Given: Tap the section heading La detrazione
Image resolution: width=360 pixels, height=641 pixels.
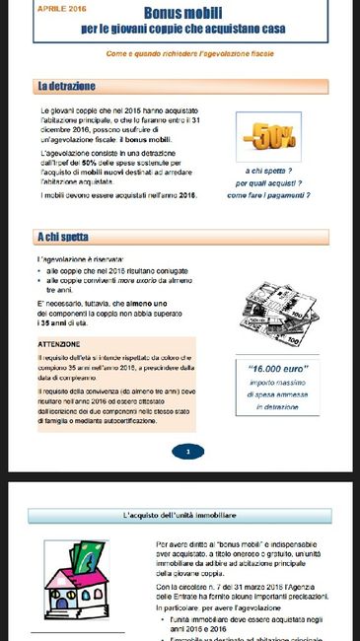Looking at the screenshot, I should point(66,87).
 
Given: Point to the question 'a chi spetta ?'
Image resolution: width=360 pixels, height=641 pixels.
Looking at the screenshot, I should point(268,170).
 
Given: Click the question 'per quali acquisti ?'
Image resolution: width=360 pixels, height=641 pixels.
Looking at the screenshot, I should point(268,182).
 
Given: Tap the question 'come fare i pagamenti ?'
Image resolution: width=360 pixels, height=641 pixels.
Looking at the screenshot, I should point(268,195).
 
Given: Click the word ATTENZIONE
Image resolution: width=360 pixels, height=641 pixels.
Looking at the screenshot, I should point(58,344).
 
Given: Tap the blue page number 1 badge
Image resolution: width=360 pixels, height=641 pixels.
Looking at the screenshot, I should point(187,452).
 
